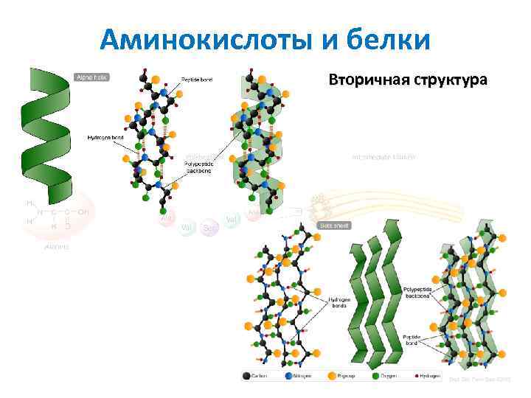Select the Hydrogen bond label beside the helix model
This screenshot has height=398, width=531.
click(105, 138)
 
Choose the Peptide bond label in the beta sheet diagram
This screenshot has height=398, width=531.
click(412, 341)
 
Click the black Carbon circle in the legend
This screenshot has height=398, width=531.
click(247, 376)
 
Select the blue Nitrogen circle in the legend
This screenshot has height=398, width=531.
click(288, 376)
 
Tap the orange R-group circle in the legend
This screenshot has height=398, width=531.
click(331, 376)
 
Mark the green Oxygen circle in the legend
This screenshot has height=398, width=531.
click(375, 376)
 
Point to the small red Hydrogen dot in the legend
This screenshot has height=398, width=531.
click(417, 376)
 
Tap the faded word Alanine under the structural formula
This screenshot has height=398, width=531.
click(56, 247)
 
